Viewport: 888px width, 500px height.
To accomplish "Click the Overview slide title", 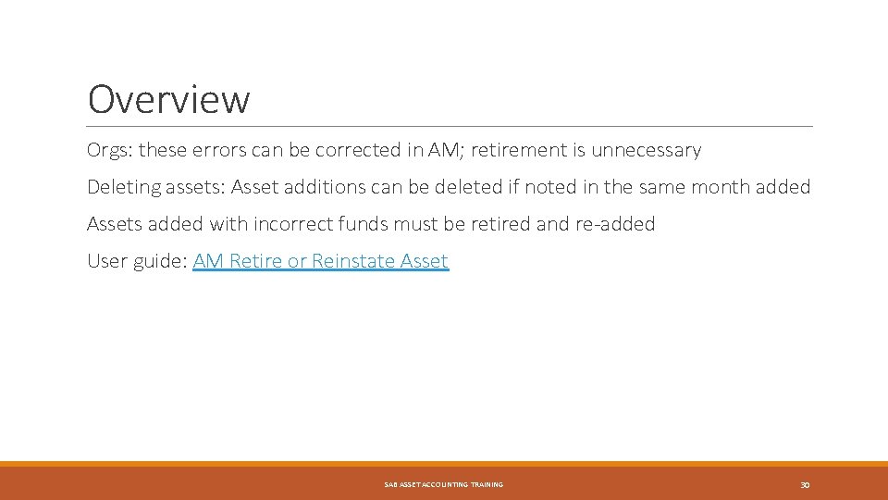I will pyautogui.click(x=168, y=99).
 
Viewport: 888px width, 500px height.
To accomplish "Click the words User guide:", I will pyautogui.click(x=137, y=261).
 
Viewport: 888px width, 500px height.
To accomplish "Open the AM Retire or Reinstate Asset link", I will pyautogui.click(x=320, y=261).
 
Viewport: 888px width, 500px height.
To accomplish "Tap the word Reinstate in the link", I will pyautogui.click(x=353, y=261).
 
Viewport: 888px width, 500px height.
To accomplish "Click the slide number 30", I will pyautogui.click(x=804, y=485).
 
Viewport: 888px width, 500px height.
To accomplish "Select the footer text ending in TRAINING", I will pyautogui.click(x=443, y=485).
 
